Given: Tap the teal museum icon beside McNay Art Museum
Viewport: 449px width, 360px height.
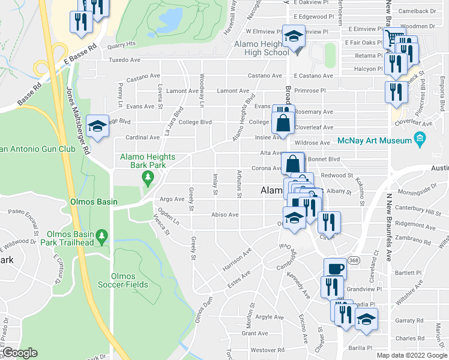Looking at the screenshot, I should [420, 140].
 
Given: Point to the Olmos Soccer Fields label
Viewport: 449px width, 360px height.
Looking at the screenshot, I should [124, 280].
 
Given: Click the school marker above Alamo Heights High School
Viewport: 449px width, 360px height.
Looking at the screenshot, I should [294, 37].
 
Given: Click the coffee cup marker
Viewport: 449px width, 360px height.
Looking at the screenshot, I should [335, 268].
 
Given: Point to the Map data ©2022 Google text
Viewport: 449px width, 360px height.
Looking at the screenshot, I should [412, 355].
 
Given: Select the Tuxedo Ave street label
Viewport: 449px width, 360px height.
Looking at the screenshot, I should [124, 60].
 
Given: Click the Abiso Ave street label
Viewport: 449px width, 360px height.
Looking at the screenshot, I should [224, 214].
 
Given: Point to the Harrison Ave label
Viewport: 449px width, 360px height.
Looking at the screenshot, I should [236, 257].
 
